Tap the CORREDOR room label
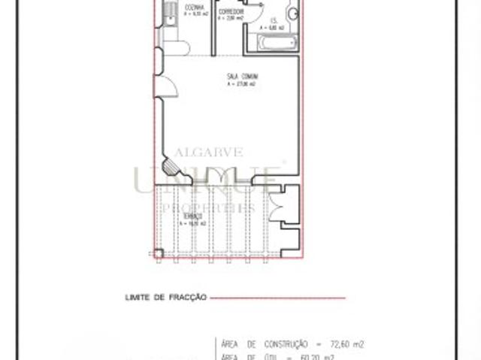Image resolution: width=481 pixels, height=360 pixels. [x=230, y=13]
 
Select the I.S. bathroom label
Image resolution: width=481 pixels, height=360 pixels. [x=275, y=20]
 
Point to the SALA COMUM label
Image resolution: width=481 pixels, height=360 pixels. [x=241, y=76]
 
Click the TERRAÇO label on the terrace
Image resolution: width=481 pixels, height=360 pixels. [x=193, y=216]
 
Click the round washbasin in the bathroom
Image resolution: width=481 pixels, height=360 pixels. [x=292, y=13]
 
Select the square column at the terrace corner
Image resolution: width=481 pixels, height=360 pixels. [x=158, y=253]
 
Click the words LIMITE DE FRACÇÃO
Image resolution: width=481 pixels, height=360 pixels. [x=165, y=298]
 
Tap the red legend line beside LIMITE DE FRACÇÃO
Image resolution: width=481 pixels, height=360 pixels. [x=278, y=298]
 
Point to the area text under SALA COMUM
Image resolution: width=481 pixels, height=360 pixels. [x=241, y=83]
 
